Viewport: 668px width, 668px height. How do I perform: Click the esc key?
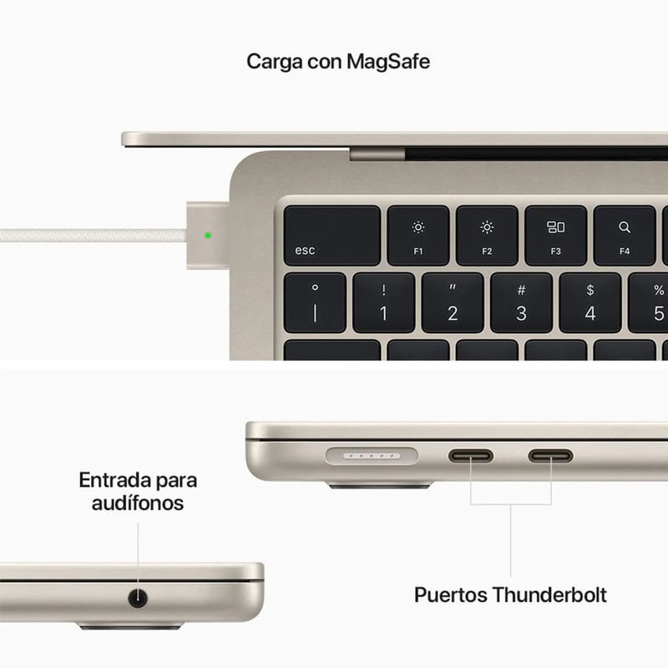tap(331, 235)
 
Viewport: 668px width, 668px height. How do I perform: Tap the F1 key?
tap(418, 235)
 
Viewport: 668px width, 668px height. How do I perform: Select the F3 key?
tap(555, 235)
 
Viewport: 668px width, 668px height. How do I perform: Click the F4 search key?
tap(624, 235)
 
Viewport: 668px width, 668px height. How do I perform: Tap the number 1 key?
tap(383, 303)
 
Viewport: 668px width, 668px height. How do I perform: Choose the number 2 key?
tap(453, 303)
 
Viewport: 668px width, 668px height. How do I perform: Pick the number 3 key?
tap(521, 303)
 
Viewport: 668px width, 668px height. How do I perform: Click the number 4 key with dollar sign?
tap(590, 303)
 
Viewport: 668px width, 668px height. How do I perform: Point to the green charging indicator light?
tap(208, 235)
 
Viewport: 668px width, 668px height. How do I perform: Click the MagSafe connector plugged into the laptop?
tap(208, 235)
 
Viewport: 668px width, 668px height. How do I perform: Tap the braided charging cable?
tap(94, 235)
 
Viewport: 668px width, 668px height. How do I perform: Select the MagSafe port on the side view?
tap(372, 456)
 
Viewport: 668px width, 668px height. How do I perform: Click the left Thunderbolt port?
tap(470, 456)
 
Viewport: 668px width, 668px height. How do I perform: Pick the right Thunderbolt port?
tap(550, 456)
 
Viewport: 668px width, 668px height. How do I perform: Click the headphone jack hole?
tap(138, 598)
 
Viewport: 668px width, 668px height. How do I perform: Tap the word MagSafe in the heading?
tap(387, 62)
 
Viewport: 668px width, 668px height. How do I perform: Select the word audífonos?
tap(138, 504)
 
